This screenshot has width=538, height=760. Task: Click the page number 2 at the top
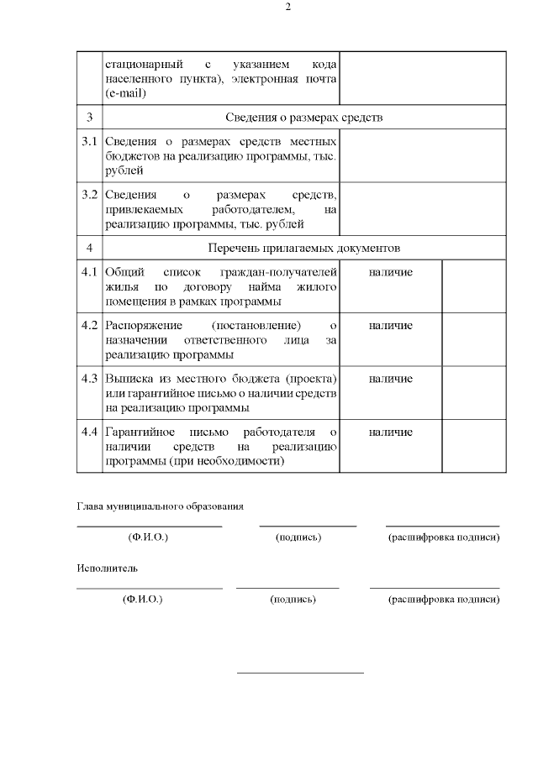287,8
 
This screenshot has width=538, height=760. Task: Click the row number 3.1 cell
90,140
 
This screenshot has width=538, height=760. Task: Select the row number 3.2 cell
90,195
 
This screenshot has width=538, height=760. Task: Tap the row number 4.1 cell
90,272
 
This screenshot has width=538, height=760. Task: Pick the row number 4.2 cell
90,325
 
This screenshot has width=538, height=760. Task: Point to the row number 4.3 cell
90,378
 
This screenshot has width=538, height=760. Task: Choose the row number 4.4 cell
90,432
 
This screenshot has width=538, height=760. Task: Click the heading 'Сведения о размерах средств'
303,117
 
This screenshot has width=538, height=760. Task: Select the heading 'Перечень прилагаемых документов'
303,248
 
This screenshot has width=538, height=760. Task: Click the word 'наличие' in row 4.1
390,272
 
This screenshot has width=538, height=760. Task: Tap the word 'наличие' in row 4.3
390,378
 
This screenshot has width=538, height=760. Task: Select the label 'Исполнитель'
108,569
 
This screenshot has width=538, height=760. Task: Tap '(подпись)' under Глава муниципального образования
298,537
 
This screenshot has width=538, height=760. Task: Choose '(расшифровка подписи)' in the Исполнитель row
444,600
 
